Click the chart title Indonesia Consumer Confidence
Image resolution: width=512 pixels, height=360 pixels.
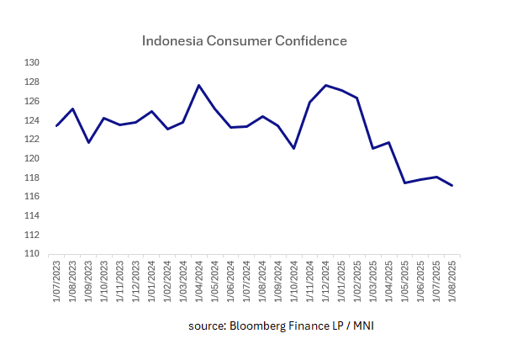[x=245, y=40]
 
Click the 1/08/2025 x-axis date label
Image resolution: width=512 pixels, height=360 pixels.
[x=452, y=281]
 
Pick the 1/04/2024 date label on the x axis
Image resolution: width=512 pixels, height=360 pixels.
[x=199, y=281]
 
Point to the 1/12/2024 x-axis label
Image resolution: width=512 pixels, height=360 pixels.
[x=325, y=281]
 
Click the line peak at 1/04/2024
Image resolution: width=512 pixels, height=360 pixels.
[x=198, y=85]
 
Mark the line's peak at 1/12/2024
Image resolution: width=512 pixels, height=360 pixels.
[x=325, y=85]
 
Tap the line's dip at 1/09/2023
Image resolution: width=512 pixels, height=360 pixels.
[x=88, y=142]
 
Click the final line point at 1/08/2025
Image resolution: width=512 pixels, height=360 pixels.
[x=452, y=185]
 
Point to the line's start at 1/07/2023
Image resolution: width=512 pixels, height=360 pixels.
[x=57, y=125]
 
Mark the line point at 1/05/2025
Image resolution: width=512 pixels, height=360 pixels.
[x=404, y=183]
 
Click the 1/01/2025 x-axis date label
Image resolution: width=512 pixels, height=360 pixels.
[x=341, y=281]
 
